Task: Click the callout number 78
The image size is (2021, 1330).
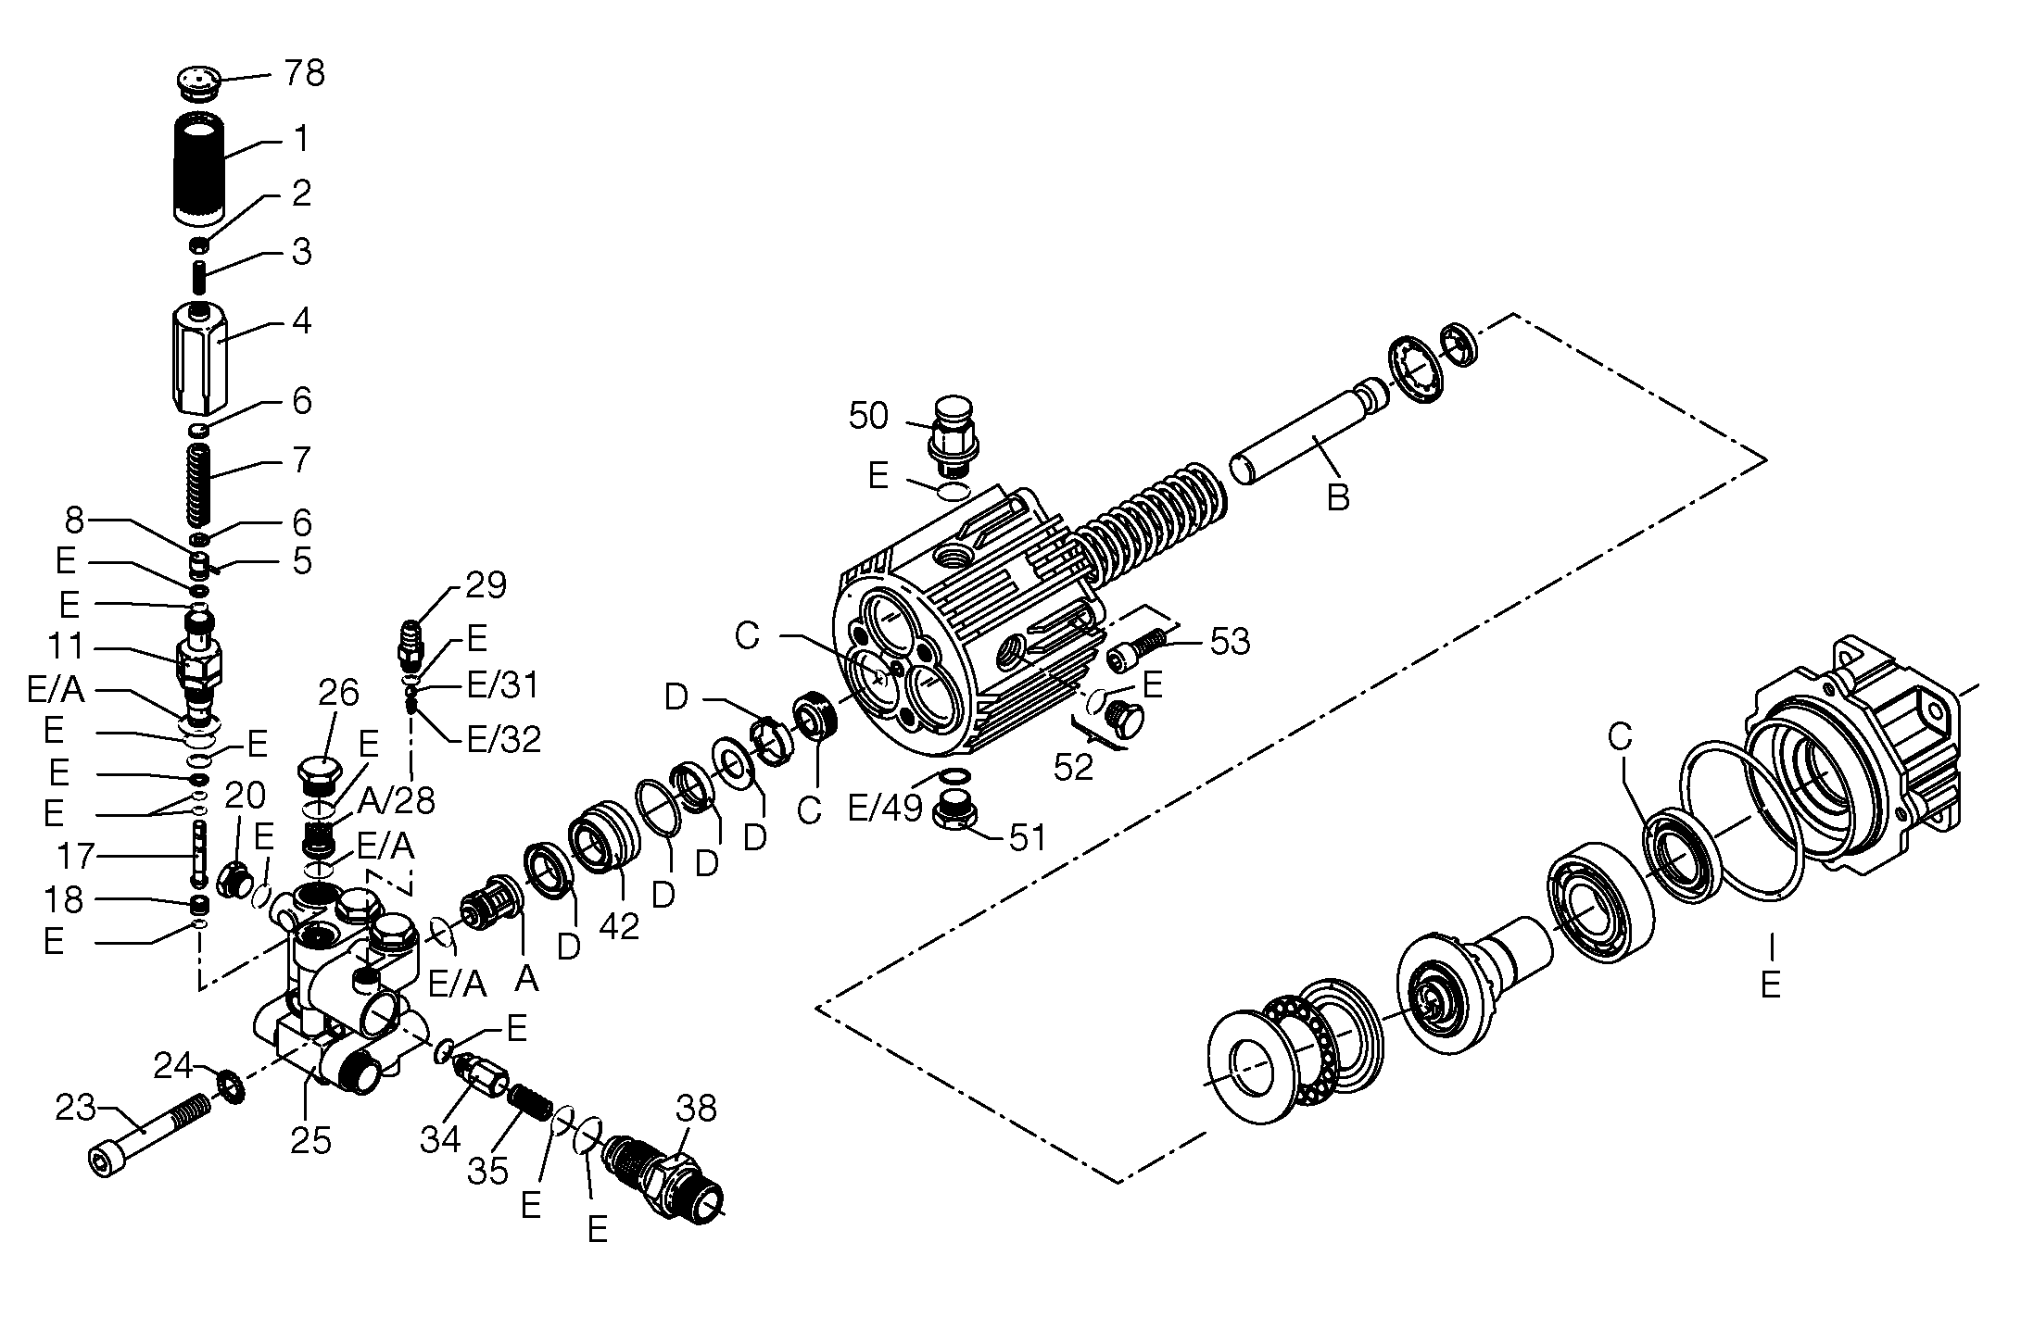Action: point(304,72)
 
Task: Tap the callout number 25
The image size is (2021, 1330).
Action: point(310,1141)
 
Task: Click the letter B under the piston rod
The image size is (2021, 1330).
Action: point(1337,497)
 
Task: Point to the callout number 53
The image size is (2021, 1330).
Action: point(1230,640)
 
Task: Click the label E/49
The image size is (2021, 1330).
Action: point(886,809)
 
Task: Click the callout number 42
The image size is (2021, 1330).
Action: point(619,925)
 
